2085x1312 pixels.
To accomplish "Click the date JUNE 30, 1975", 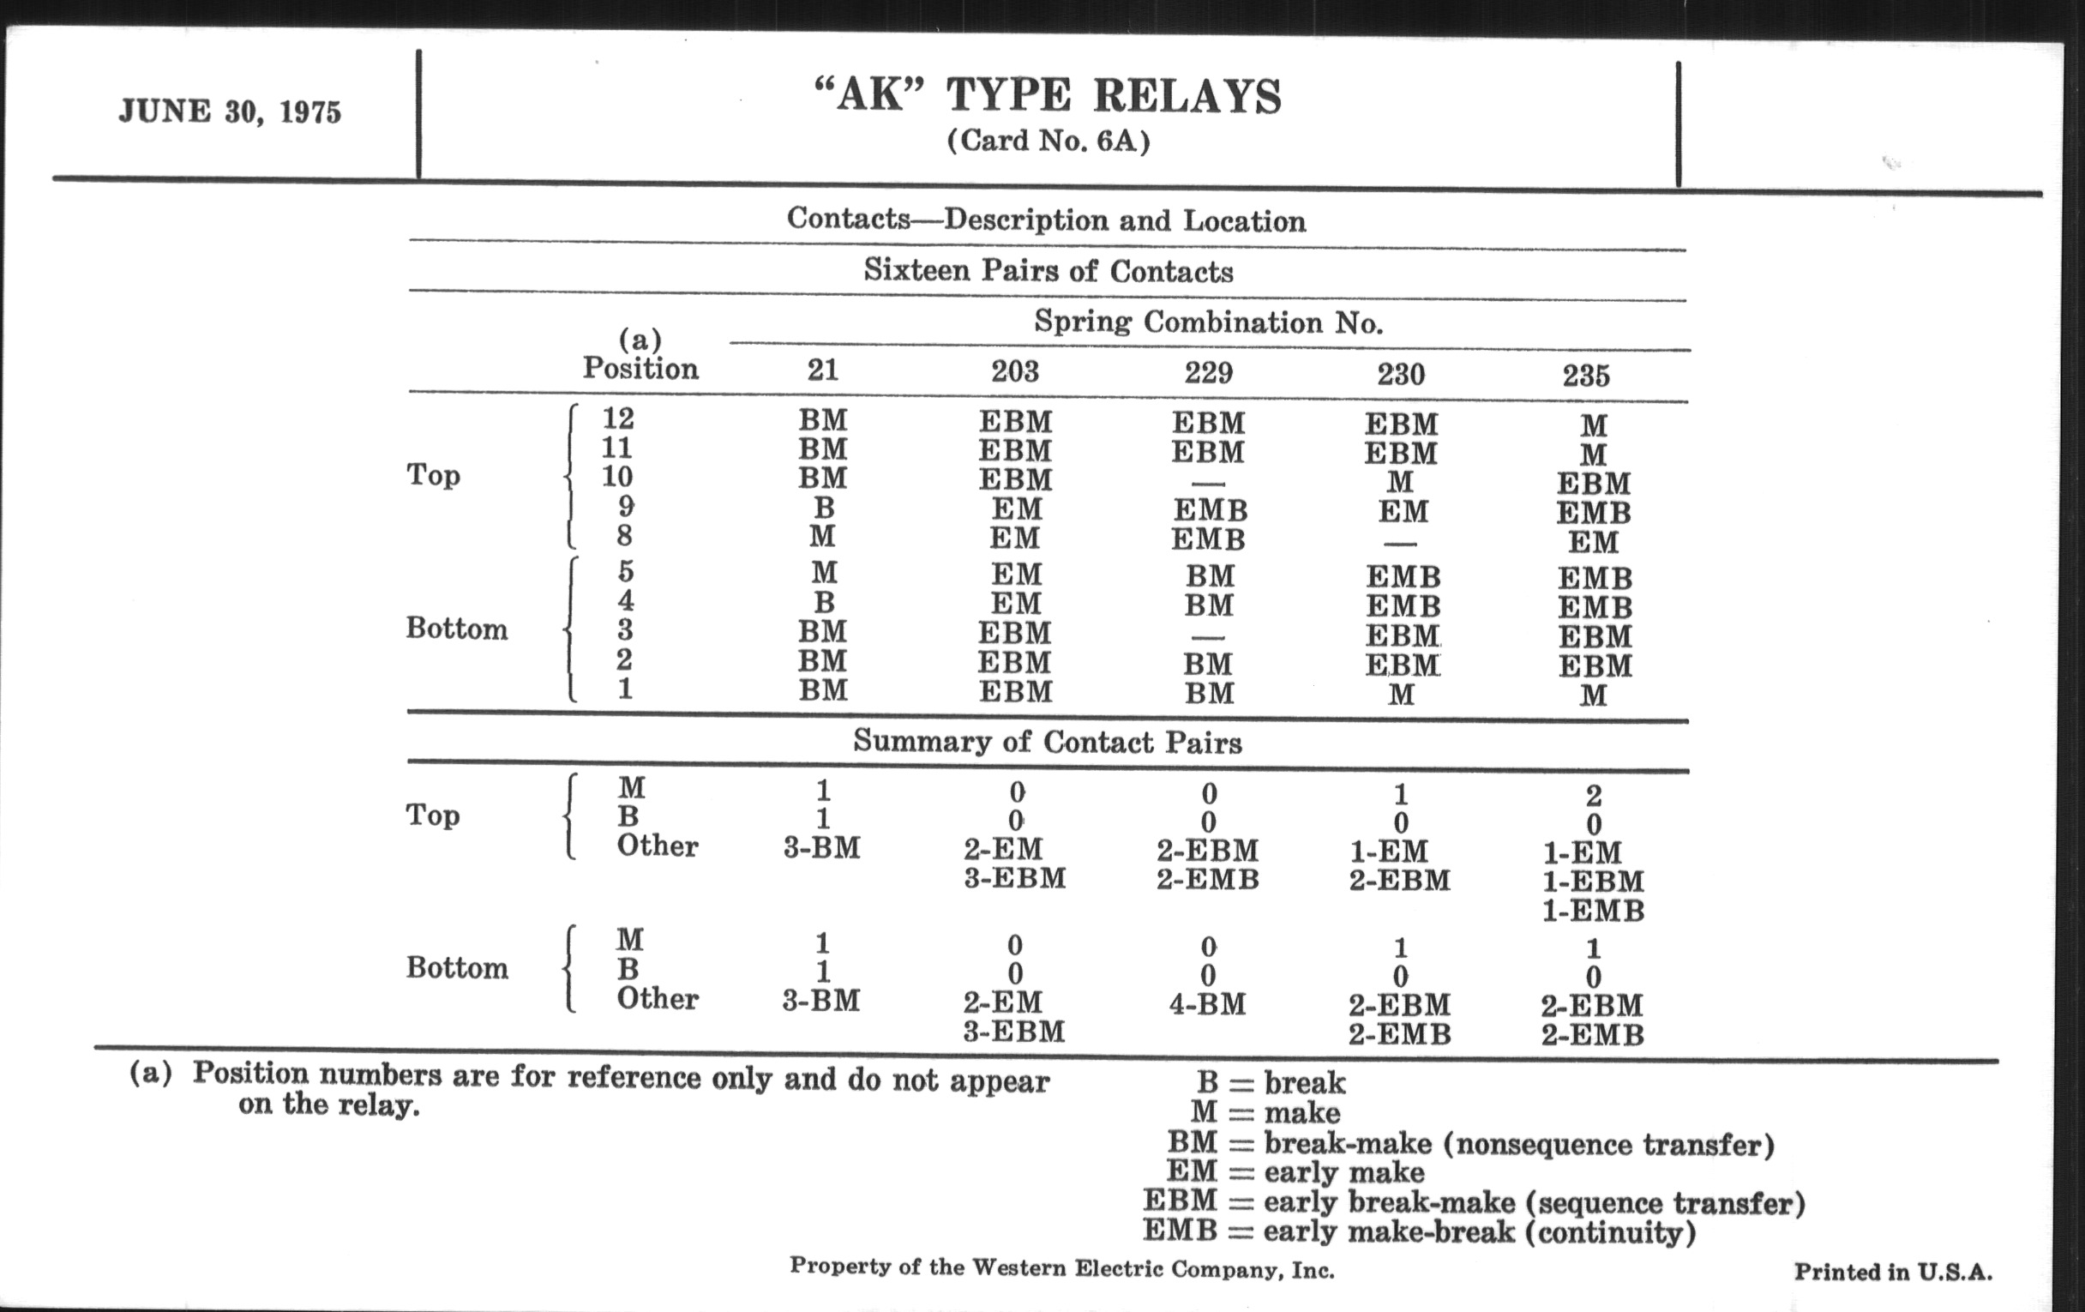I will point(231,111).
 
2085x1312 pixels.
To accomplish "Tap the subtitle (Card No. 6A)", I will point(1048,141).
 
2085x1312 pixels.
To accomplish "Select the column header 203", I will point(1015,371).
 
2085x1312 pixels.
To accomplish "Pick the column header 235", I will point(1585,376).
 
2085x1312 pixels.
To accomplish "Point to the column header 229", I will point(1208,372).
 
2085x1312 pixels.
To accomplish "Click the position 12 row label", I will point(617,419).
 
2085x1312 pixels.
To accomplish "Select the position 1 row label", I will point(624,689).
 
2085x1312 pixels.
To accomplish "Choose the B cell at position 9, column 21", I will point(823,508).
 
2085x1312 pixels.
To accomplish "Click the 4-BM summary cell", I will point(1207,1004).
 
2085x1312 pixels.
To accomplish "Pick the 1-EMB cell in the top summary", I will point(1592,911).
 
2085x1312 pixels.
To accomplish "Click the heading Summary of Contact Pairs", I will point(1047,742).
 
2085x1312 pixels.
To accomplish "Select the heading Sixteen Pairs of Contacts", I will point(1048,271).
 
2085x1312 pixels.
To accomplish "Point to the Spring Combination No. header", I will point(1208,323).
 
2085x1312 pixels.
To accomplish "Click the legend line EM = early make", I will point(1295,1171).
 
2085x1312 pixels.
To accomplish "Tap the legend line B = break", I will point(1271,1082).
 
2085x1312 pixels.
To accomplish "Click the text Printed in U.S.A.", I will point(1893,1273).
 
